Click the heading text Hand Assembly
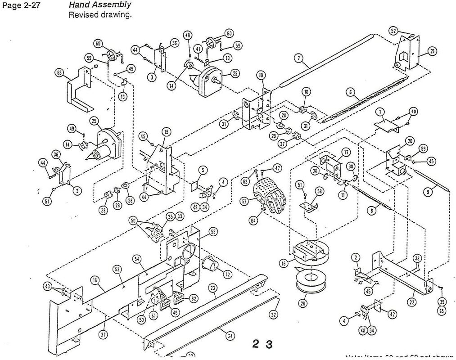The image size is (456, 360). pos(100,5)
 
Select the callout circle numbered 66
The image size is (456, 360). pos(59,74)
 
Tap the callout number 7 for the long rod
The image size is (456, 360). pos(297,58)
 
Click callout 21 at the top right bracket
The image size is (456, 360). pos(433,51)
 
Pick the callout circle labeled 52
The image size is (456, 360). pos(393,31)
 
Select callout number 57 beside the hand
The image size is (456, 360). pos(244,202)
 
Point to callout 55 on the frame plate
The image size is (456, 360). pos(213,232)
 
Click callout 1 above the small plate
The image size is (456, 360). pos(380,112)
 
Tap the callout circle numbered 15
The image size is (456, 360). pos(167,132)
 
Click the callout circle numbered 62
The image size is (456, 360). pos(194,298)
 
